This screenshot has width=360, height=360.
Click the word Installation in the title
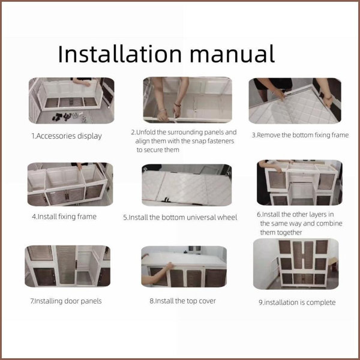pyautogui.click(x=120, y=54)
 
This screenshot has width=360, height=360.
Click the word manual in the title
pyautogui.click(x=232, y=54)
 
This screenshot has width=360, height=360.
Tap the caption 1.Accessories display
pyautogui.click(x=67, y=136)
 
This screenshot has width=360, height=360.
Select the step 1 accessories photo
pyautogui.click(x=71, y=101)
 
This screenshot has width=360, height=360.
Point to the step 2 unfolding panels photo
pyautogui.click(x=187, y=100)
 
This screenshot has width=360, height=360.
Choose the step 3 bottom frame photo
pyautogui.click(x=295, y=101)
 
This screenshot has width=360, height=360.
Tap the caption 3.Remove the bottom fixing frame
pyautogui.click(x=301, y=135)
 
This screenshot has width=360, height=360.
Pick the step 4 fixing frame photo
pyautogui.click(x=70, y=184)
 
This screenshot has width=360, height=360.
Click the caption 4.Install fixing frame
pyautogui.click(x=64, y=217)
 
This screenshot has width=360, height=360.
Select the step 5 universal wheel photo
pyautogui.click(x=187, y=185)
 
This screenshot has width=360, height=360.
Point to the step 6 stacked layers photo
pyautogui.click(x=299, y=182)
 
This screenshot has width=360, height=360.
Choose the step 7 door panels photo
pyautogui.click(x=67, y=266)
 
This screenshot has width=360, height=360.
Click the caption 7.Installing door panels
pyautogui.click(x=66, y=301)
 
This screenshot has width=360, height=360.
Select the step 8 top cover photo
pyautogui.click(x=184, y=266)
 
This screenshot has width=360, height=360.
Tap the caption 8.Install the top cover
pyautogui.click(x=183, y=301)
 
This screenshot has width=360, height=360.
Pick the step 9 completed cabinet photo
pyautogui.click(x=296, y=264)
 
